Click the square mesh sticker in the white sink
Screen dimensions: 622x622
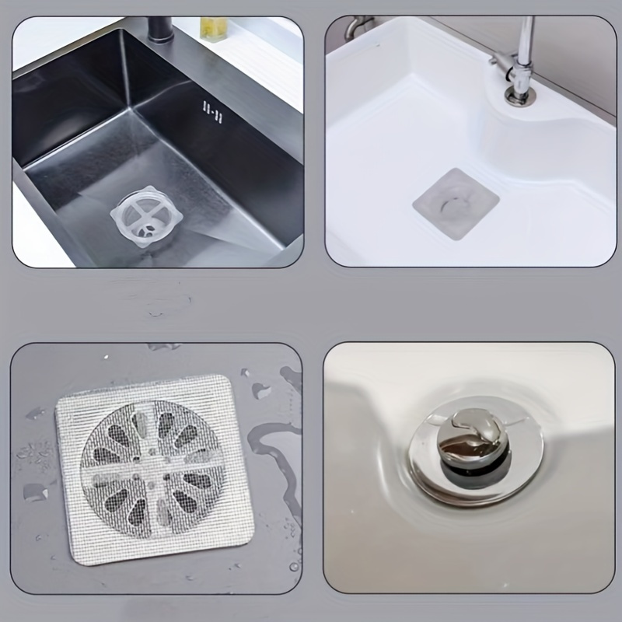(454, 203)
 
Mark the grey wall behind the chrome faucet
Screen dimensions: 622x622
(575, 47)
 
